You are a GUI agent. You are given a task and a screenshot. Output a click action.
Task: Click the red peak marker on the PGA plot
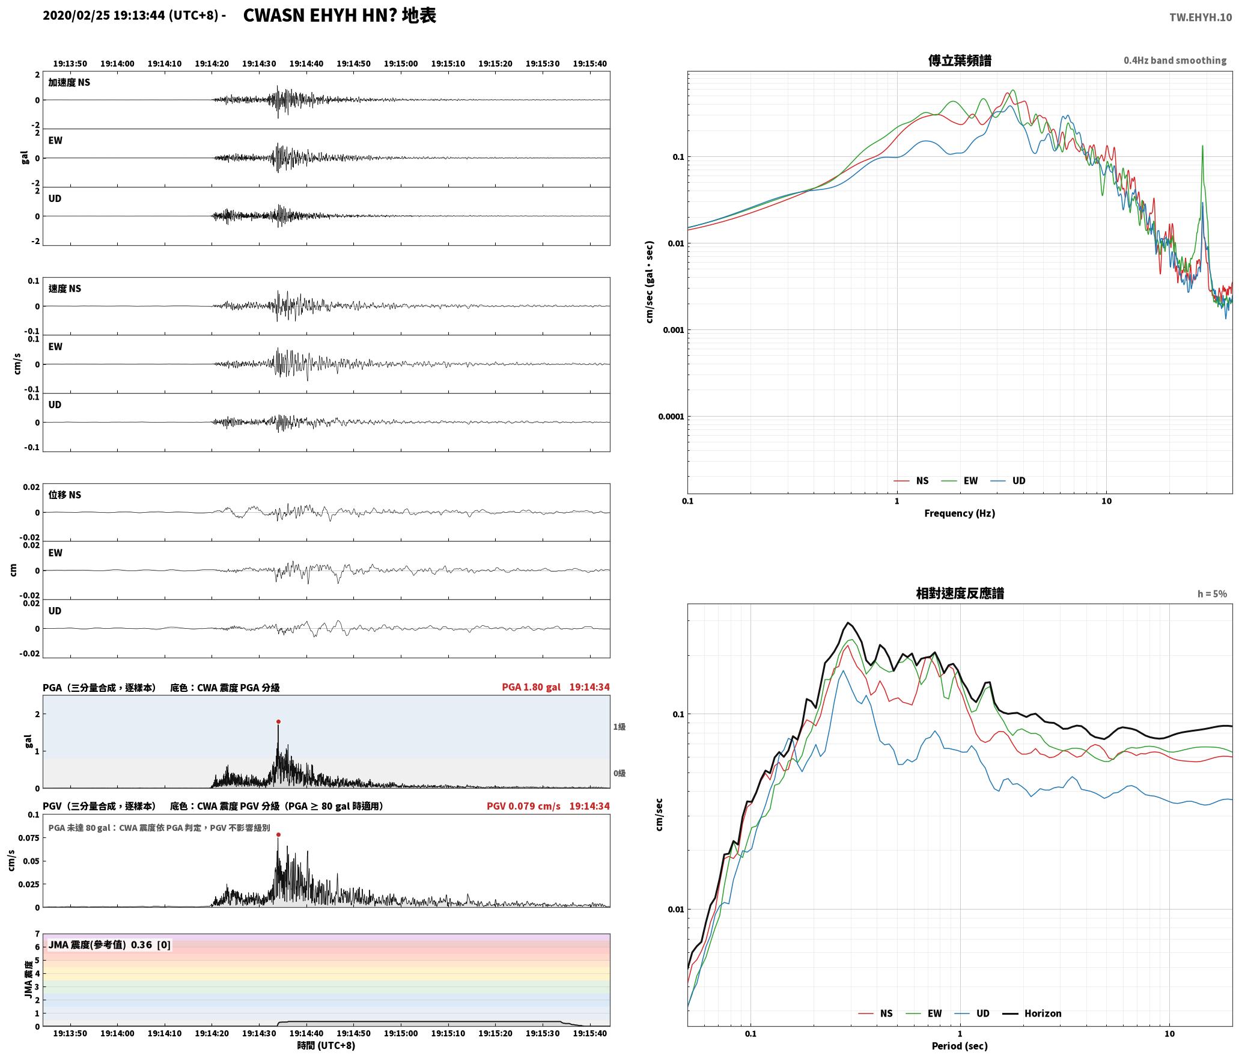tap(278, 721)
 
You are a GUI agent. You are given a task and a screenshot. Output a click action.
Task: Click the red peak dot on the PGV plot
tap(278, 834)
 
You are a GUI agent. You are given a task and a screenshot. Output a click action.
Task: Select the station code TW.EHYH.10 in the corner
tap(1200, 17)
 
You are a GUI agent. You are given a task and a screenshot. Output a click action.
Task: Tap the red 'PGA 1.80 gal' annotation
tap(531, 687)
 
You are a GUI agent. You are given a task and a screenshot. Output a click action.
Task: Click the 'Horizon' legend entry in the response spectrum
tap(1043, 1013)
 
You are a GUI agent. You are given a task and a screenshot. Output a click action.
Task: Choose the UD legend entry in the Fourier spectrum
tap(1018, 480)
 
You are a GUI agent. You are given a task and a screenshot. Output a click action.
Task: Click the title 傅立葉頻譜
tap(960, 60)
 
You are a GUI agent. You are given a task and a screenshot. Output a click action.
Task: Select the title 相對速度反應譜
tap(960, 593)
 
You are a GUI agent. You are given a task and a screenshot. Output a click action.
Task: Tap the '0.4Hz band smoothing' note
tap(1175, 60)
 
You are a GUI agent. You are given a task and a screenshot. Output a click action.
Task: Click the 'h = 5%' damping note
tap(1212, 594)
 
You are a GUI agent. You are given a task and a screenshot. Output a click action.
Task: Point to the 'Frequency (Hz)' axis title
tap(960, 513)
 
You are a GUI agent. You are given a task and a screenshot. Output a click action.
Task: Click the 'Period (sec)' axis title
tap(960, 1045)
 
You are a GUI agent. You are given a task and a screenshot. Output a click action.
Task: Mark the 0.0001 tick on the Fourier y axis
tap(671, 417)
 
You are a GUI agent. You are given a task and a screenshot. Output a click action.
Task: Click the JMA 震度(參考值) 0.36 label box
tap(109, 944)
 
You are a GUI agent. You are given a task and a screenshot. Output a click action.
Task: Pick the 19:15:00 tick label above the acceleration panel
tap(401, 63)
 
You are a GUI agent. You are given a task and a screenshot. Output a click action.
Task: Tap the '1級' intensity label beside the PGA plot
tap(619, 727)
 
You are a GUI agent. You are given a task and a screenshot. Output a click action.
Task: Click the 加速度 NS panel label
tap(69, 82)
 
